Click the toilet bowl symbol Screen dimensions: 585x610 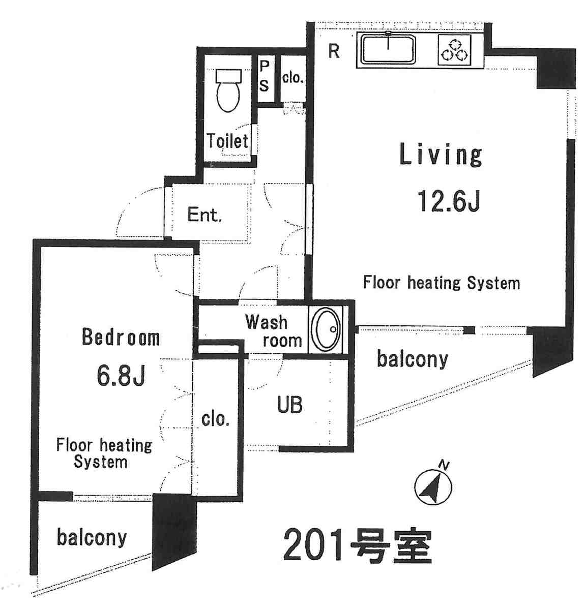click(x=229, y=91)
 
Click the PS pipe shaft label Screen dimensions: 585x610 click(x=264, y=76)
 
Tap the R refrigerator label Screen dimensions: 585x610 click(x=334, y=51)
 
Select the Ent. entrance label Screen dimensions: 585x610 click(x=205, y=215)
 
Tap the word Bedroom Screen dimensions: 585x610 click(x=121, y=338)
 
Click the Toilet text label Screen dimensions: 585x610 click(x=228, y=141)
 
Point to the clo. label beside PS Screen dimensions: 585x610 click(x=293, y=78)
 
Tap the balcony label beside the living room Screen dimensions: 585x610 click(x=413, y=359)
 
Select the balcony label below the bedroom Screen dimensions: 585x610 click(x=92, y=537)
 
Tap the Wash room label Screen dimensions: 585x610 click(x=274, y=331)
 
